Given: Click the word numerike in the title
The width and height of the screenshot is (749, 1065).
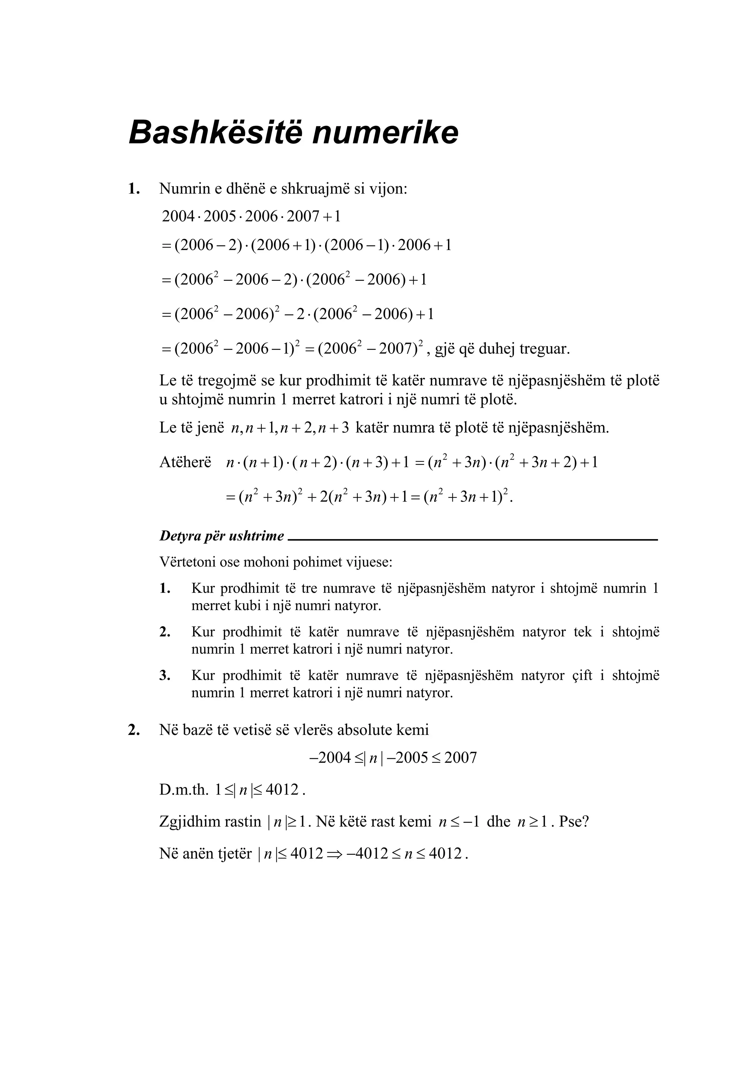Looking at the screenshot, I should tap(385, 132).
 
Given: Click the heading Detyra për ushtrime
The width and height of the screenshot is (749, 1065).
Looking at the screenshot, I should tap(222, 536).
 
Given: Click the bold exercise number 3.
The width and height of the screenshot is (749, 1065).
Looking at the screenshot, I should tap(165, 675).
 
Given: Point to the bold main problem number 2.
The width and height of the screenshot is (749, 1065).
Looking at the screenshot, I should tap(134, 730).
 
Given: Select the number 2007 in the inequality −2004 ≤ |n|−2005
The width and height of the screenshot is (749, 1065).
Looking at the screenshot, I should tap(460, 758).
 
